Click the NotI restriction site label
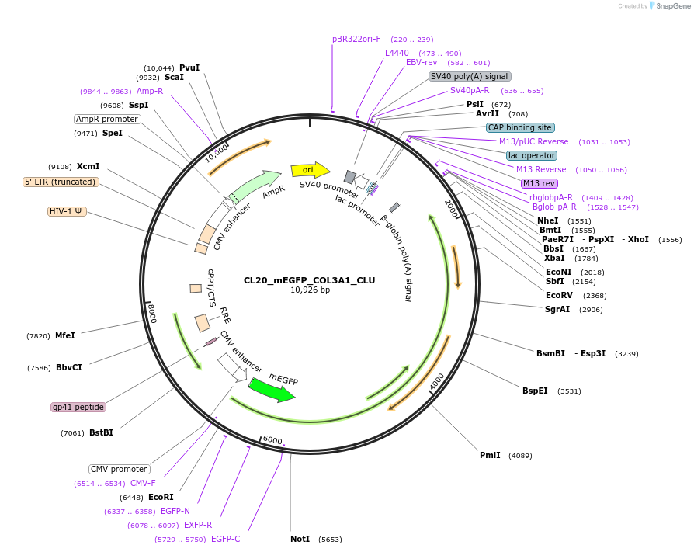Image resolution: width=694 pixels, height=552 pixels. pyautogui.click(x=300, y=539)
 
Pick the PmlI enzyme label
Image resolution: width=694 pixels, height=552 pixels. pyautogui.click(x=490, y=455)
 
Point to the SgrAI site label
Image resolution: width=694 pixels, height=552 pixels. pyautogui.click(x=557, y=309)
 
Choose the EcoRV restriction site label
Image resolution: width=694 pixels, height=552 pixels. pyautogui.click(x=559, y=295)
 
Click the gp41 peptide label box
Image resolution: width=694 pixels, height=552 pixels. pyautogui.click(x=78, y=407)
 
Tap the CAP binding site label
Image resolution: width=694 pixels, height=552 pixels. pyautogui.click(x=520, y=127)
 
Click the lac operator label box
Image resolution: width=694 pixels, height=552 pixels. pyautogui.click(x=532, y=155)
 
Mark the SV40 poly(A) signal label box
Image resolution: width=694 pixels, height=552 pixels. pyautogui.click(x=470, y=76)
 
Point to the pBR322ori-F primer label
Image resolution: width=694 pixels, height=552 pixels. pyautogui.click(x=356, y=39)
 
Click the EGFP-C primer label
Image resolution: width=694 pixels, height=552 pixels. pyautogui.click(x=225, y=539)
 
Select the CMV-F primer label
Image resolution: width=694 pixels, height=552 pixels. pyautogui.click(x=143, y=483)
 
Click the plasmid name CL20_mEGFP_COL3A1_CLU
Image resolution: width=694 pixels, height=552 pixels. pyautogui.click(x=309, y=280)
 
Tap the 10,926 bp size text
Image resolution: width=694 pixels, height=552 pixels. pyautogui.click(x=310, y=290)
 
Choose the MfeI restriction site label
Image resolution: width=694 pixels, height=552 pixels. pyautogui.click(x=65, y=335)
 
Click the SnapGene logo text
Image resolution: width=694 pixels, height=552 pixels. pyautogui.click(x=672, y=6)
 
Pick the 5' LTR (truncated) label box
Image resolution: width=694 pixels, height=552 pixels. pyautogui.click(x=61, y=182)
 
